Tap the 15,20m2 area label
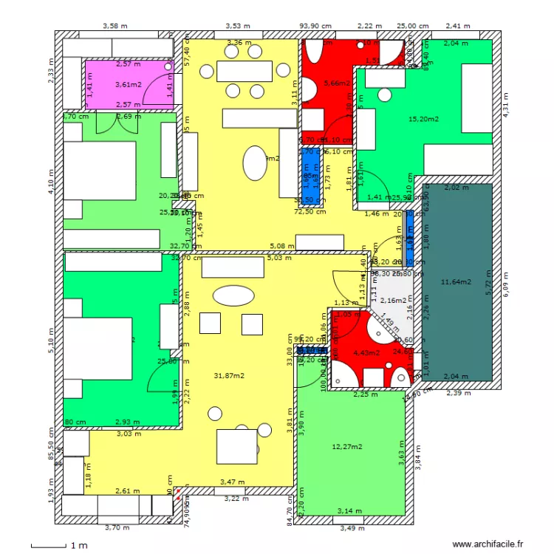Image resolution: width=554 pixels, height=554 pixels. point(423,119)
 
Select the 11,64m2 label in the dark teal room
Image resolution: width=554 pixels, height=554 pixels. point(455,281)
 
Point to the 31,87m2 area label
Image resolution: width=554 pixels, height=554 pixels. point(229,375)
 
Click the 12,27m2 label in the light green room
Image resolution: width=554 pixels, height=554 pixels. point(347,446)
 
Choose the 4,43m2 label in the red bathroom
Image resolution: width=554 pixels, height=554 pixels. point(366,352)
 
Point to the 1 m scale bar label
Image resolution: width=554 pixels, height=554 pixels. point(79,545)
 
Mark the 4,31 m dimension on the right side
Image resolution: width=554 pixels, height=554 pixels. point(506,105)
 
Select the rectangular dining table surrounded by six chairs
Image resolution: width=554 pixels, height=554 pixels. point(246,71)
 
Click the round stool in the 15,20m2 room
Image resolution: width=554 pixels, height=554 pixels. point(384,95)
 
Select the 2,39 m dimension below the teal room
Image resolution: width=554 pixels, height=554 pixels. point(458,393)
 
